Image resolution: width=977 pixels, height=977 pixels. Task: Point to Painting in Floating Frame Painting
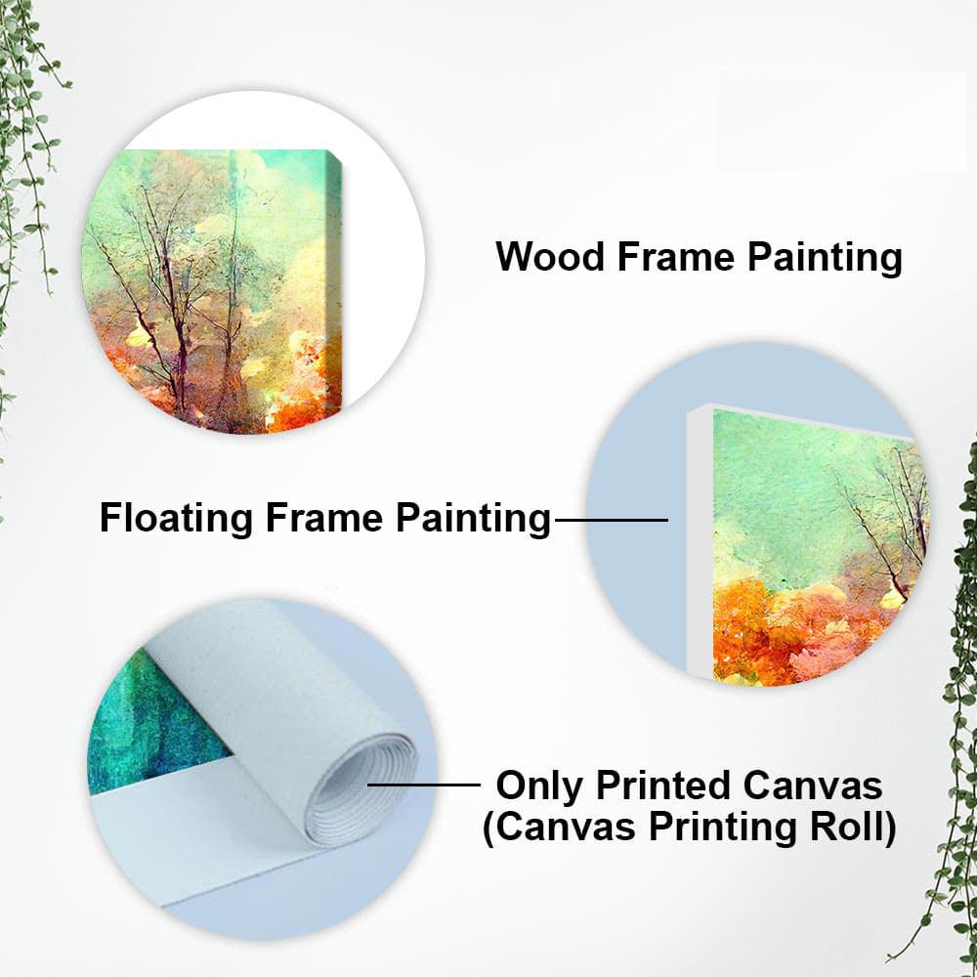point(473,518)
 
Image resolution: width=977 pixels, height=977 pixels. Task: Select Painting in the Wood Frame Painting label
point(825,258)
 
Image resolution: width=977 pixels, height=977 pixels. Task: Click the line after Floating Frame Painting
point(611,520)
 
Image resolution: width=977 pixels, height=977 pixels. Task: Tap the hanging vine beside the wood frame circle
point(29,147)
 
